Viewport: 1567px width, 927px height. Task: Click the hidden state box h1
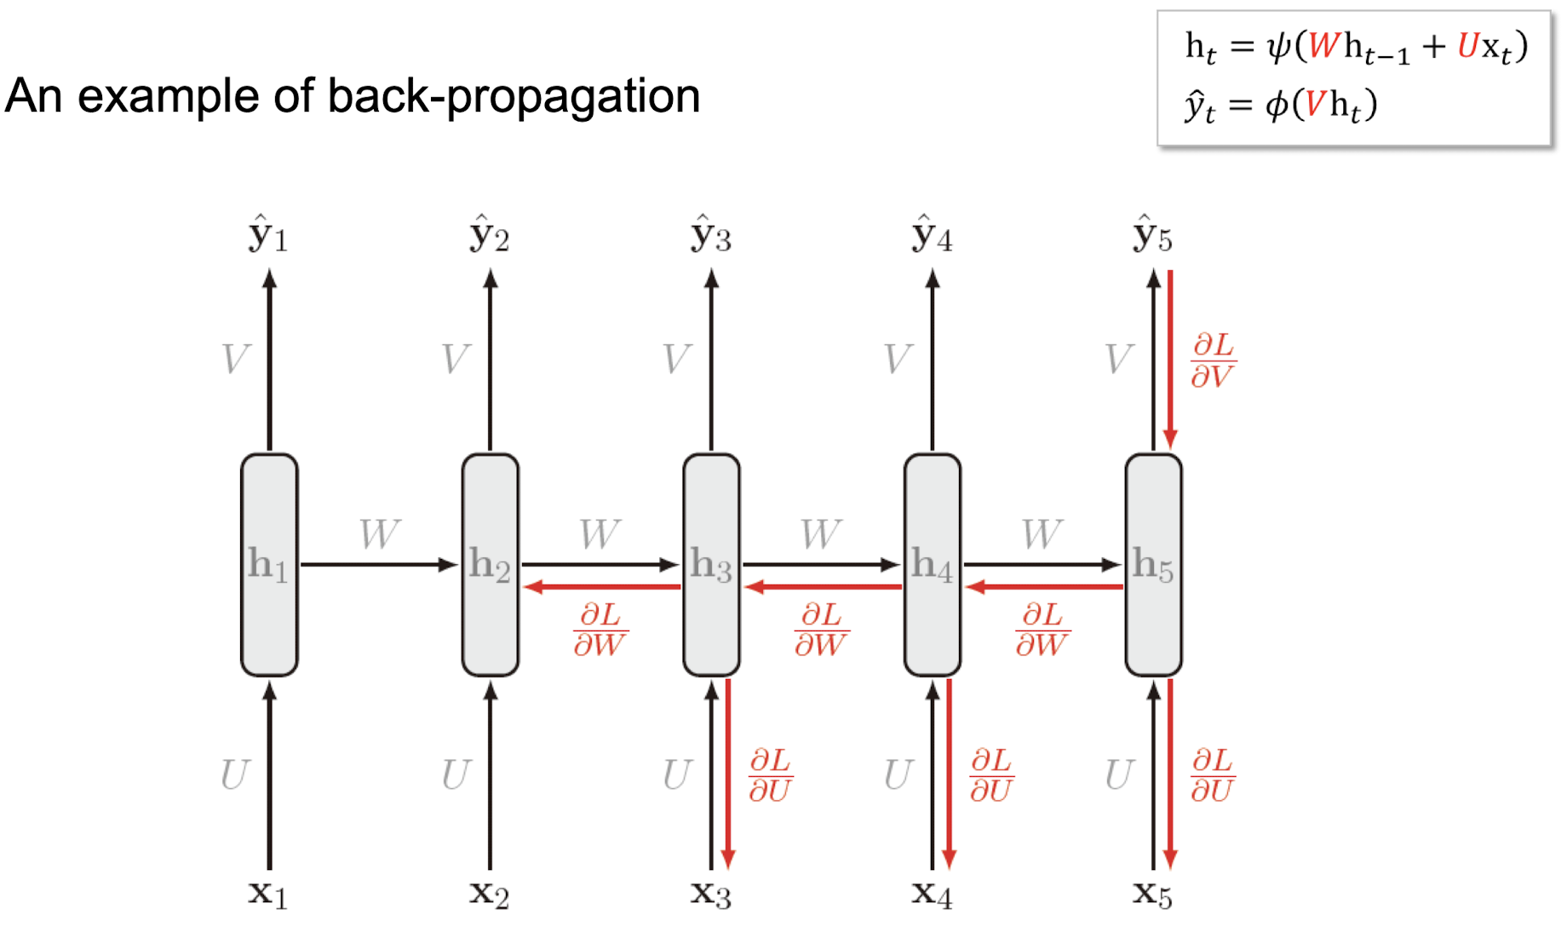coord(269,564)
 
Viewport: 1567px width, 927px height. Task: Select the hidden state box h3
coord(711,564)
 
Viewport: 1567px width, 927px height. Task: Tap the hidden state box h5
coord(1153,564)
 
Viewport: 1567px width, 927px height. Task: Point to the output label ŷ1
coord(268,234)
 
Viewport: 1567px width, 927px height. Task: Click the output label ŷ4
coord(932,234)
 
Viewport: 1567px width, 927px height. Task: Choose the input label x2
coord(489,893)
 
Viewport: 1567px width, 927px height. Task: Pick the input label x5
coord(1152,893)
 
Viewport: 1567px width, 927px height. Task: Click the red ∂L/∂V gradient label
coord(1212,360)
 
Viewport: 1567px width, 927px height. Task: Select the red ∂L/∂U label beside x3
coord(770,775)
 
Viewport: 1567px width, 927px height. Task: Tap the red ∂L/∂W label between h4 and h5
coord(1042,629)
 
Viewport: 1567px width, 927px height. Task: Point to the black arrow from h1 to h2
coord(379,564)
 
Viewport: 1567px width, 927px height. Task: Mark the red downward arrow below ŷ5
coord(1170,358)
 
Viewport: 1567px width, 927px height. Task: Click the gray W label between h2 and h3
coord(600,534)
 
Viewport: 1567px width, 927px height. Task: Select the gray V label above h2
coord(456,359)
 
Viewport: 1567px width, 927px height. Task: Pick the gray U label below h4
coord(898,774)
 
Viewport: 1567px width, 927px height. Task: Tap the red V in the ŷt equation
coord(1316,105)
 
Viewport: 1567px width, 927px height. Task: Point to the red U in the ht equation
coord(1467,46)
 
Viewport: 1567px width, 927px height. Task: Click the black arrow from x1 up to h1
coord(269,775)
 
